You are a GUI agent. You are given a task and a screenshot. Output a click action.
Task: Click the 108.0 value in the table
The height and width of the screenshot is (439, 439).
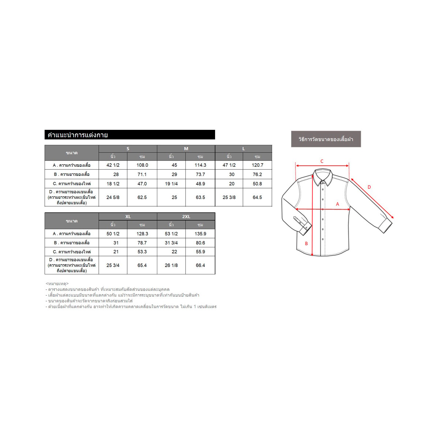point(142,165)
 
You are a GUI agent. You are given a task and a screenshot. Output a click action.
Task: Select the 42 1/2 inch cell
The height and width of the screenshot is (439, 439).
point(113,165)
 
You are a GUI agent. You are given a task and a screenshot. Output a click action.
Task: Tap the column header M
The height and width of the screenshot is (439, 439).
point(186,149)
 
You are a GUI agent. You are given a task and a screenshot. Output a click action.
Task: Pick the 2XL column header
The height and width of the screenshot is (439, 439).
point(186,217)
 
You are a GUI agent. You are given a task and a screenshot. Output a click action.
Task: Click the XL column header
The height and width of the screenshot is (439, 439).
point(128,217)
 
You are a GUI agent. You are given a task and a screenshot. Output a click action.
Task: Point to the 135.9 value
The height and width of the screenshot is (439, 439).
point(200,234)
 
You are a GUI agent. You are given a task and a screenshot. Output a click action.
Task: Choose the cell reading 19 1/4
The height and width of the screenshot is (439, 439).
point(171,184)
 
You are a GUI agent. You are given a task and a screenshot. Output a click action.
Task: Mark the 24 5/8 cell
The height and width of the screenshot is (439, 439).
point(113,198)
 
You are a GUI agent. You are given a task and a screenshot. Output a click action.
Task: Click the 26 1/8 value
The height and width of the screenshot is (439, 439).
point(171,265)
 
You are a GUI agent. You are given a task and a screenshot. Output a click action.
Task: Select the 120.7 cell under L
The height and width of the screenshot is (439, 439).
point(258,165)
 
